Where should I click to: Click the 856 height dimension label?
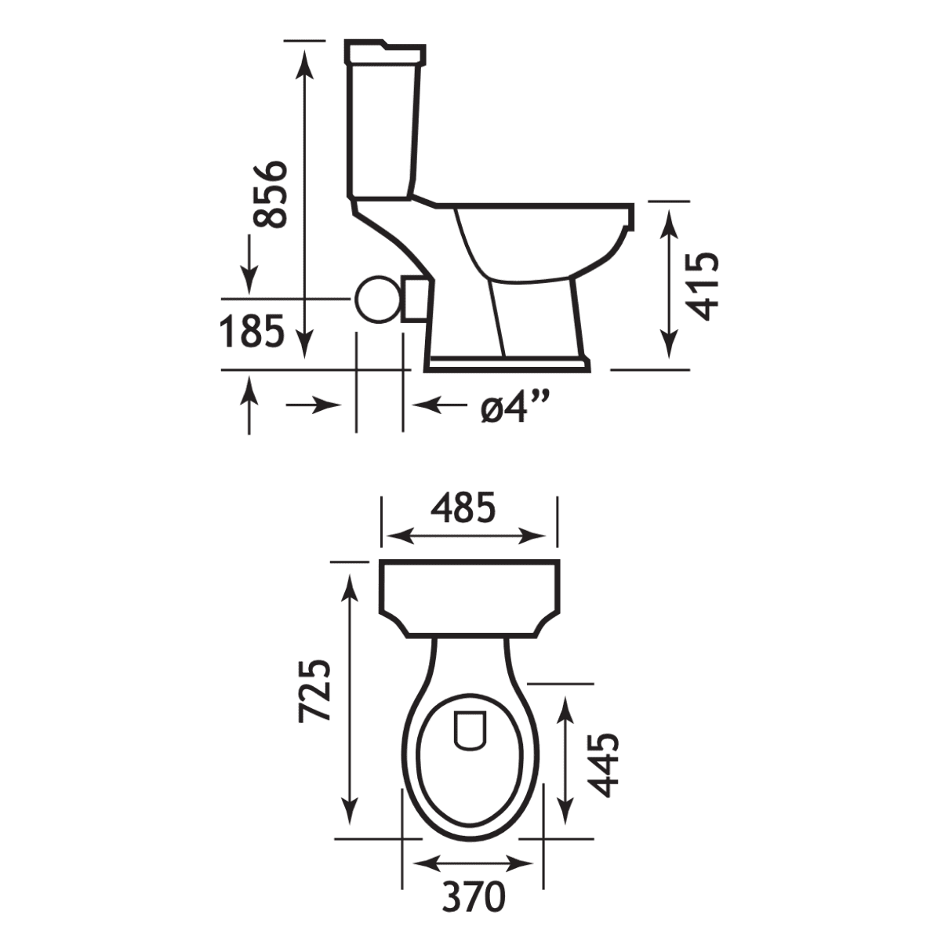269,194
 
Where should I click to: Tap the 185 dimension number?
252,331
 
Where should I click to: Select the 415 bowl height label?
702,286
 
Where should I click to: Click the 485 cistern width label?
463,508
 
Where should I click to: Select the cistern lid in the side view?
385,53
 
